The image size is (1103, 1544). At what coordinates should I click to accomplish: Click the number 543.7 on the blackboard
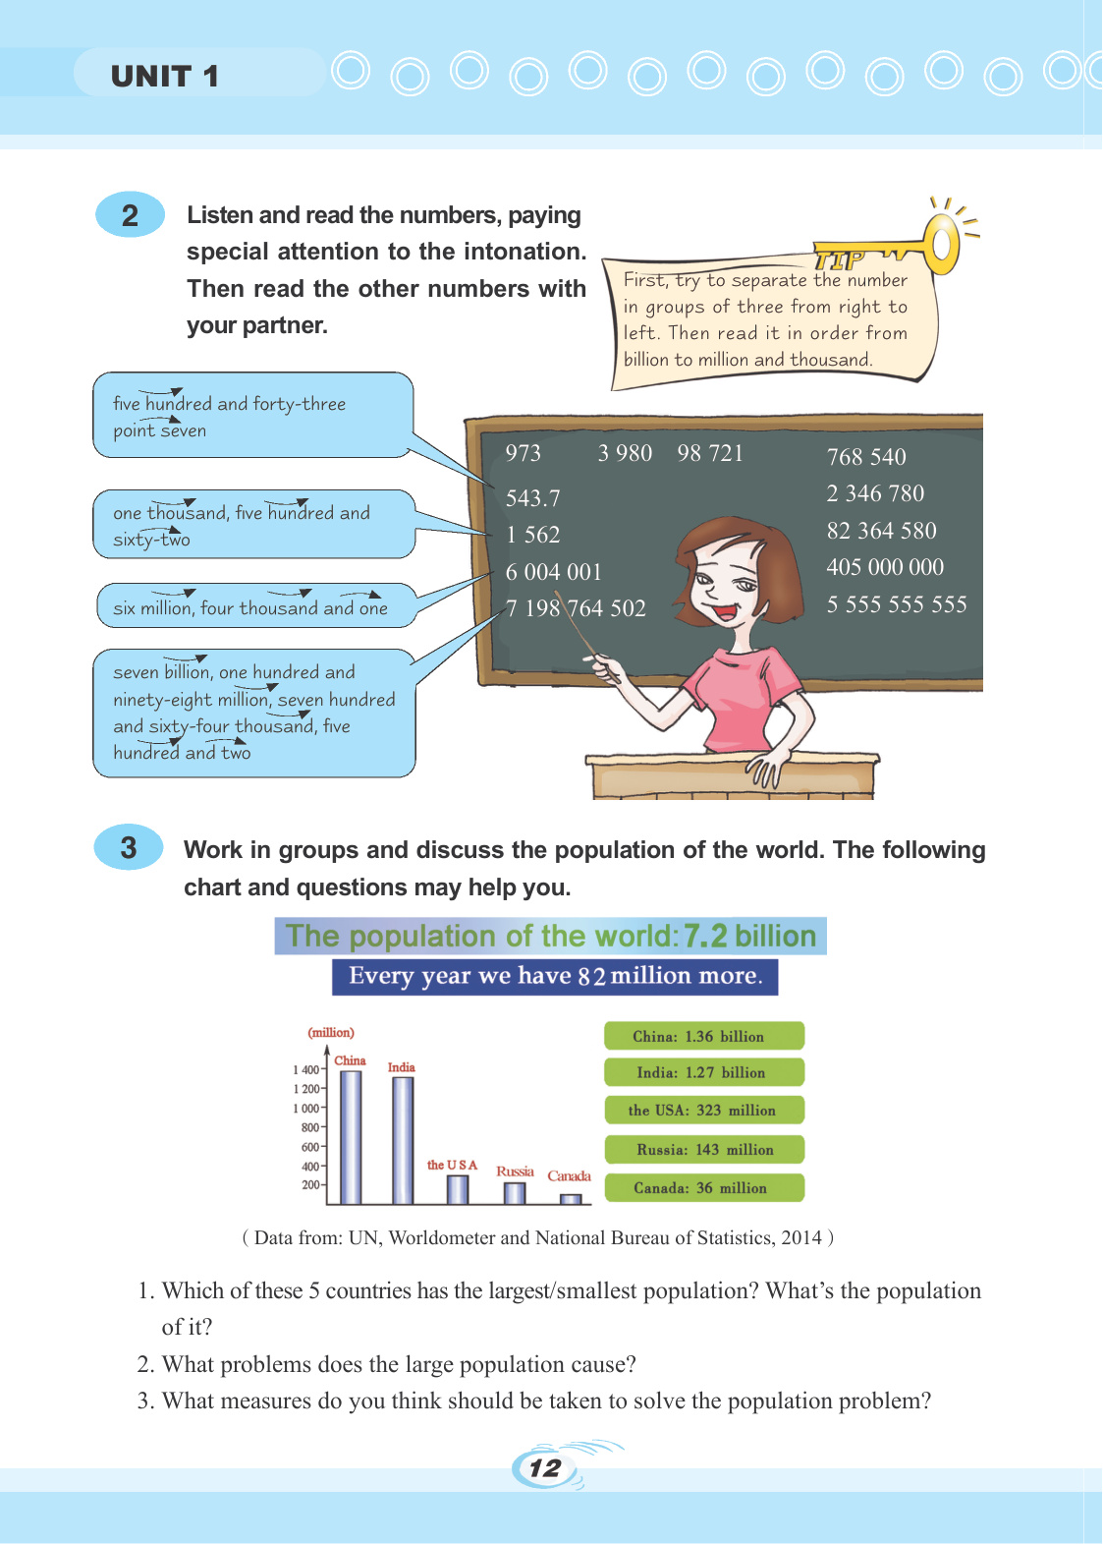(x=532, y=498)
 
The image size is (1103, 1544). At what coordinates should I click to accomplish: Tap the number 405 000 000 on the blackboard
(x=884, y=567)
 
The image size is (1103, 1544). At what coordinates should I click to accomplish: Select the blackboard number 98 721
(x=710, y=453)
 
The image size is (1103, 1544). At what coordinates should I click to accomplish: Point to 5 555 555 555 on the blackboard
(x=896, y=604)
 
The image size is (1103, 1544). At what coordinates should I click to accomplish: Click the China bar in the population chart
(x=351, y=1136)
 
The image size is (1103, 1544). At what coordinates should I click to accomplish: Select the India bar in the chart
(x=403, y=1140)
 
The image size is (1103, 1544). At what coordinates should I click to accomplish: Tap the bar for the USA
(x=458, y=1189)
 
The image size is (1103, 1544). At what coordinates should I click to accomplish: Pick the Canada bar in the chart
(x=571, y=1199)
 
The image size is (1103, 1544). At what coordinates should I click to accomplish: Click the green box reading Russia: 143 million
(x=704, y=1149)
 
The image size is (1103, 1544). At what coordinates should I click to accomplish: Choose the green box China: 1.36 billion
(x=704, y=1036)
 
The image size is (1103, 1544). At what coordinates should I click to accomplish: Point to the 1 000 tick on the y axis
(x=306, y=1109)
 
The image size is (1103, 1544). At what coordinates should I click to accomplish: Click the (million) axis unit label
(x=331, y=1032)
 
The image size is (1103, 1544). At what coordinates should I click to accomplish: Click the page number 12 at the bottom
(x=544, y=1468)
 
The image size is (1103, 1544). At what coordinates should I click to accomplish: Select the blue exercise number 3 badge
(x=129, y=847)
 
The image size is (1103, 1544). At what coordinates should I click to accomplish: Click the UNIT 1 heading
(x=164, y=77)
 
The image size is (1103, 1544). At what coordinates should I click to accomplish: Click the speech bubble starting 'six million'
(x=250, y=606)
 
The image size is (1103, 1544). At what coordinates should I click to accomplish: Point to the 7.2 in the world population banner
(x=705, y=936)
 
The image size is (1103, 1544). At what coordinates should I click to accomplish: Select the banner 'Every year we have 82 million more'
(x=555, y=976)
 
